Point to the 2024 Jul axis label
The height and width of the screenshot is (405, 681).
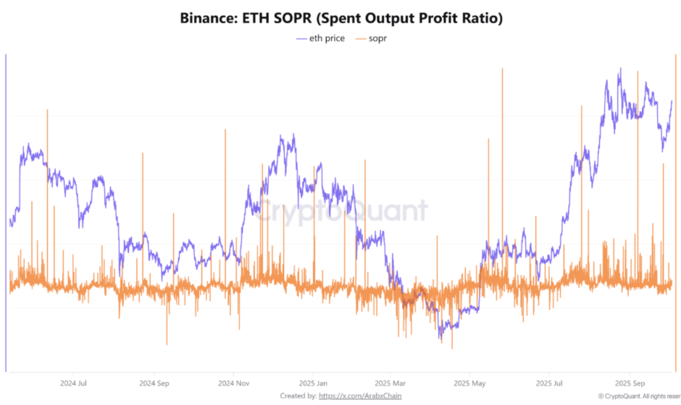click(74, 383)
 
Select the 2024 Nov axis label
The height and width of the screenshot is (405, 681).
click(233, 383)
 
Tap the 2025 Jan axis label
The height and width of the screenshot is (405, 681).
click(313, 383)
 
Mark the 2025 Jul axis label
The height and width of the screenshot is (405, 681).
click(549, 383)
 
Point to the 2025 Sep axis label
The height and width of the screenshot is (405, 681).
click(630, 383)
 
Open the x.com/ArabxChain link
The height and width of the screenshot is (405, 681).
click(360, 396)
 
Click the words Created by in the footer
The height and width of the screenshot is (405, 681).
click(298, 396)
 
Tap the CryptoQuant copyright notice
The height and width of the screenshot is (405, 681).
click(638, 396)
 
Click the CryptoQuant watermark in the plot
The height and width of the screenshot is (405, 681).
click(341, 211)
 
